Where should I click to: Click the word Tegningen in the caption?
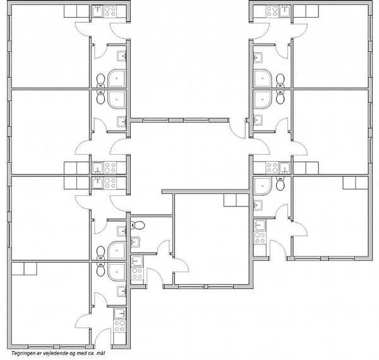[21, 354]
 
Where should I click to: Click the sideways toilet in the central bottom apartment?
[137, 225]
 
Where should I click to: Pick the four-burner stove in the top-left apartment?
[110, 11]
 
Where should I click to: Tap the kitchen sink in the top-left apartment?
[98, 11]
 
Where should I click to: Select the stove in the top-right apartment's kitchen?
[272, 11]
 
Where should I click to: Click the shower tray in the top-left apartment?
[117, 78]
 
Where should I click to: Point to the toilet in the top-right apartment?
[280, 80]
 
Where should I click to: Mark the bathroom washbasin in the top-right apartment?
[258, 57]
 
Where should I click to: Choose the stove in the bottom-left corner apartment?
[120, 326]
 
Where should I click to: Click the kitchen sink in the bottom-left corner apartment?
[120, 314]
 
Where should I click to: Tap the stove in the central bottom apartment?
[137, 273]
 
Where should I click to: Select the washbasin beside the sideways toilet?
[135, 242]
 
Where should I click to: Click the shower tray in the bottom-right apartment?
[263, 186]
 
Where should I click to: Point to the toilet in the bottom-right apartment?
[280, 184]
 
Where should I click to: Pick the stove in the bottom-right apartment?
[260, 237]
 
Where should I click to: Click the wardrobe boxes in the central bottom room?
[236, 200]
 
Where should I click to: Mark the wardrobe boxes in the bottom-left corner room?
[24, 268]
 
